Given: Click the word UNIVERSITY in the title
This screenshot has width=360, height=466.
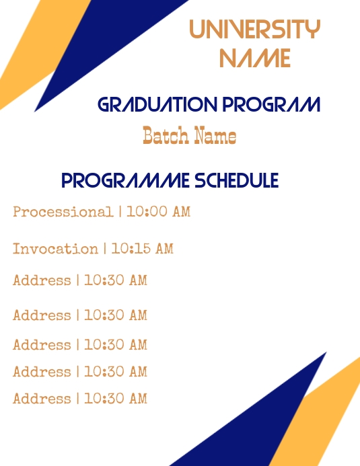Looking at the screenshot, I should [x=254, y=30].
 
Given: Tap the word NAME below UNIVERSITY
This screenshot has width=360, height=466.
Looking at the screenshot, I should [x=255, y=59].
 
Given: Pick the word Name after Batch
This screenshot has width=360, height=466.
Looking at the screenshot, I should [x=215, y=136].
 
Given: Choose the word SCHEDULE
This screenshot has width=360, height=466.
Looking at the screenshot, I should [x=236, y=181].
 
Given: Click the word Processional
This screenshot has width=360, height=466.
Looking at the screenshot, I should [x=63, y=212].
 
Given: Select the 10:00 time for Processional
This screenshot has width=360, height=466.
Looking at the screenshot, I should [x=147, y=212].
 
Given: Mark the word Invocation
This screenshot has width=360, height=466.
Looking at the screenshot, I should [x=55, y=249].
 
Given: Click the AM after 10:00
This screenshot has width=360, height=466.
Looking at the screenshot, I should [x=182, y=212].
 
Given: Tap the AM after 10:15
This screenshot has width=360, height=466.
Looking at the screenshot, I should [x=165, y=249].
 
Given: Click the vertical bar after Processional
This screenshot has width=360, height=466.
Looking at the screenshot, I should [x=120, y=212].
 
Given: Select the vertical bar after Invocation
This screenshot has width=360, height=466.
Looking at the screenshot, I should [x=105, y=249].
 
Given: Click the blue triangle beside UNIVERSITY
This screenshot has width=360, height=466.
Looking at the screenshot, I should [x=101, y=40].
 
